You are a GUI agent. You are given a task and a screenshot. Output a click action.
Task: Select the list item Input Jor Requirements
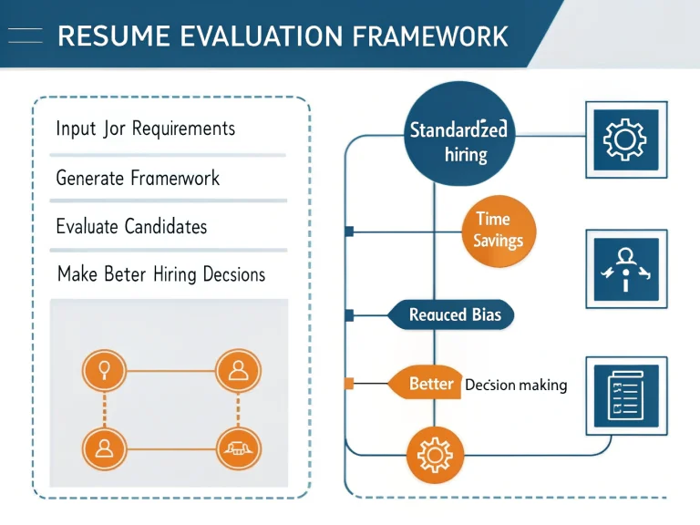click(146, 129)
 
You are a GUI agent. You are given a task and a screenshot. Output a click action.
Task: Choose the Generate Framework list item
click(138, 178)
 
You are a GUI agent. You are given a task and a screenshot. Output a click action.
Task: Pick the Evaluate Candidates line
click(131, 226)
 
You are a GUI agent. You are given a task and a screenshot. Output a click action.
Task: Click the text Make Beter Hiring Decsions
click(160, 274)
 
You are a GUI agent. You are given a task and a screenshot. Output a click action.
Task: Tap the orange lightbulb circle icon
click(104, 371)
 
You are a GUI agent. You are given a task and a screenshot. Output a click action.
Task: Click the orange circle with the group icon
click(238, 448)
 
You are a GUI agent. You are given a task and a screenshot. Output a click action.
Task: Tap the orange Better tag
click(429, 385)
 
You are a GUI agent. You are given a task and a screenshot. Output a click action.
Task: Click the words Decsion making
click(516, 386)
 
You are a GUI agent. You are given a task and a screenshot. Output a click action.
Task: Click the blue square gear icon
click(625, 140)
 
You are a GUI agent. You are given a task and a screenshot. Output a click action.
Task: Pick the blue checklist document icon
click(625, 392)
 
